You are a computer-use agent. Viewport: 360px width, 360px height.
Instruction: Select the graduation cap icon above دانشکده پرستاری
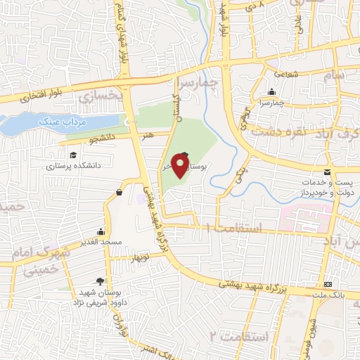click(73, 155)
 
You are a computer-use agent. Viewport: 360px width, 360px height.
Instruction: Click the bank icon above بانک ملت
click(328, 285)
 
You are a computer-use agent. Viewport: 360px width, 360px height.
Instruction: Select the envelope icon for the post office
click(327, 171)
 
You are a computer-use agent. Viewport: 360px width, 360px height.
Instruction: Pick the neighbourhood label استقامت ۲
click(239, 337)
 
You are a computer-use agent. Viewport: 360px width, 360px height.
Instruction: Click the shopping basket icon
click(119, 192)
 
